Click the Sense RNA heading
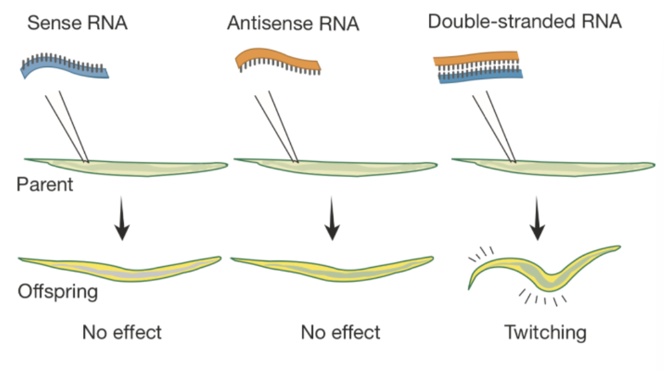click(78, 24)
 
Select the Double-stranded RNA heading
click(525, 22)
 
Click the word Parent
click(45, 186)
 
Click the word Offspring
click(58, 292)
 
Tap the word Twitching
click(546, 332)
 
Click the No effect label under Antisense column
click(340, 332)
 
